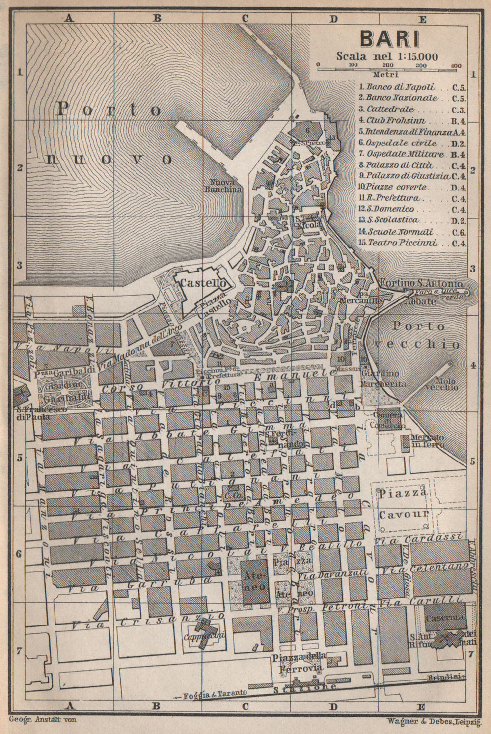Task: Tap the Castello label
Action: [203, 283]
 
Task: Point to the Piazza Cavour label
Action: [404, 503]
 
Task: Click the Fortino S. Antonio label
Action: [421, 283]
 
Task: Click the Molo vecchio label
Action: [441, 383]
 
